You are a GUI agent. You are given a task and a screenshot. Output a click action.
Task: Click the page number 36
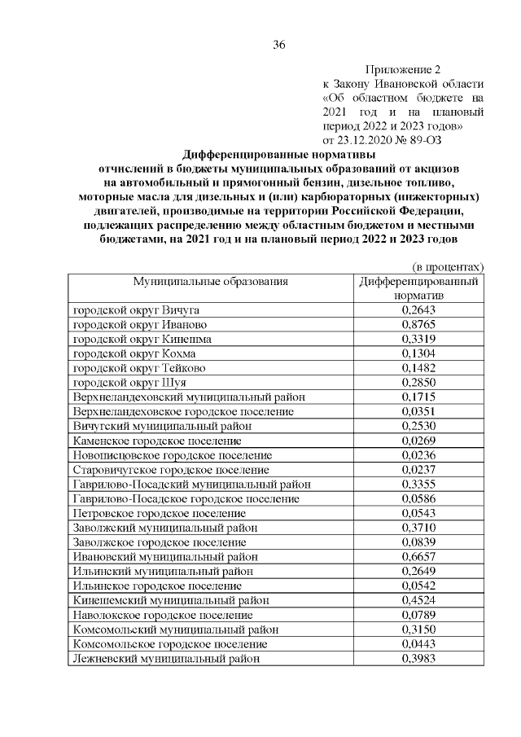(279, 44)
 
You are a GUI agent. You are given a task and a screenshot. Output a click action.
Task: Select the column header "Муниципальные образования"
(211, 282)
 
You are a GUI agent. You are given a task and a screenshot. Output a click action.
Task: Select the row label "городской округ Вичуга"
(137, 310)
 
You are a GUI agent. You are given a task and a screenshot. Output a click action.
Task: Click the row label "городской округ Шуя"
(129, 383)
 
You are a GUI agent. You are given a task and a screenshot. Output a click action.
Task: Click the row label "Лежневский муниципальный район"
(167, 659)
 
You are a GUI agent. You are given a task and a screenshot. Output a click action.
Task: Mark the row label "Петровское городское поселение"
(160, 514)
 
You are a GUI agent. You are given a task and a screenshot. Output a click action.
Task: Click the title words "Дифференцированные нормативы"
(279, 154)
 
